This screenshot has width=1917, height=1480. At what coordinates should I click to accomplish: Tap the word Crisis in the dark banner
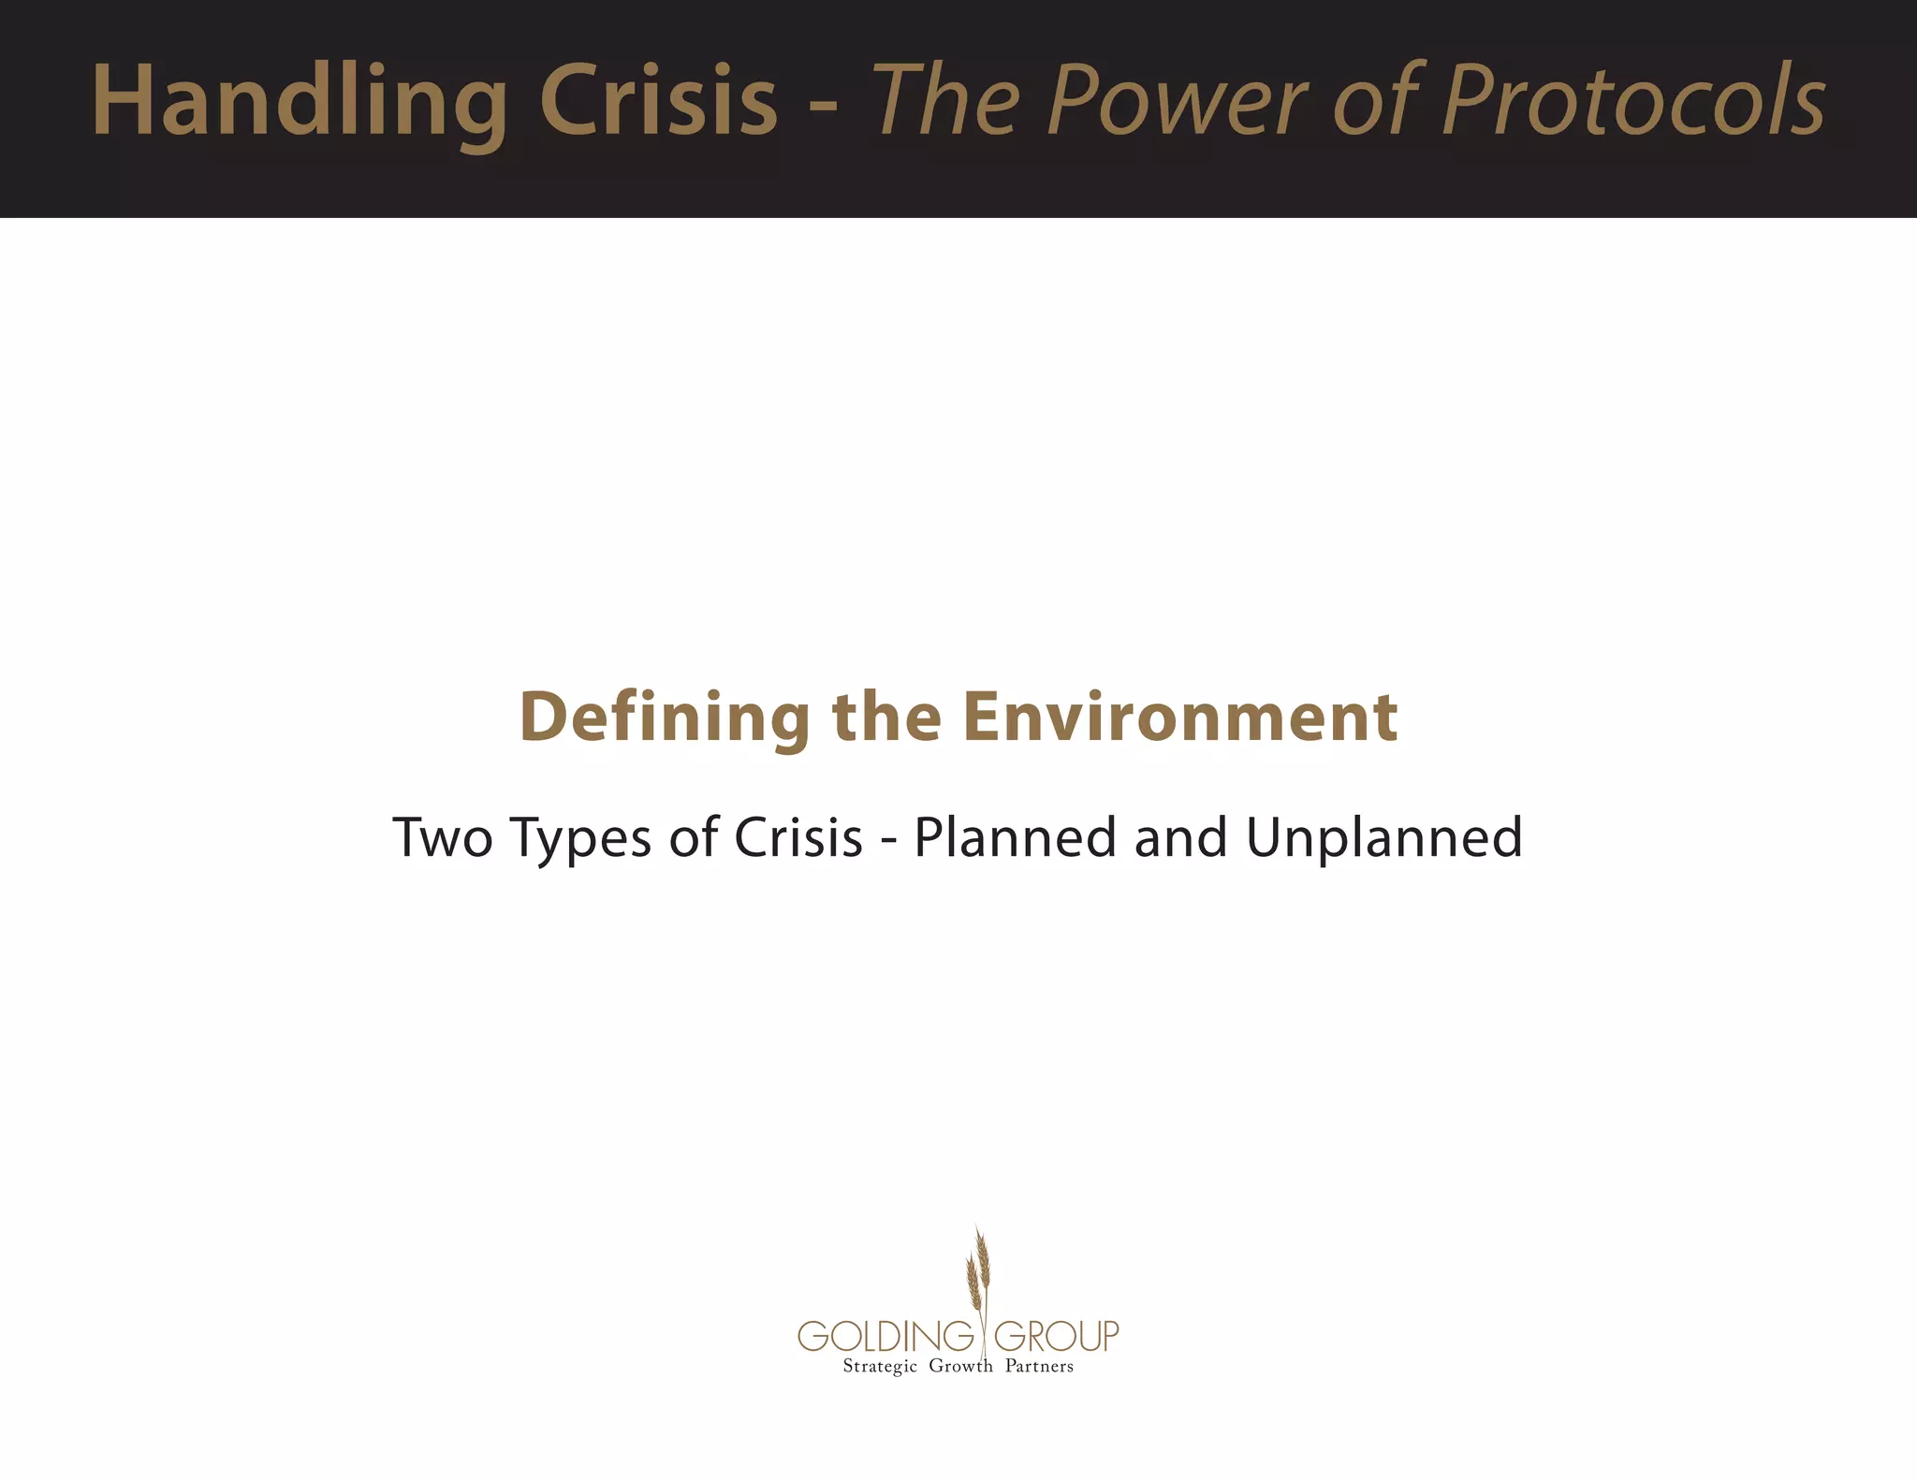(x=658, y=101)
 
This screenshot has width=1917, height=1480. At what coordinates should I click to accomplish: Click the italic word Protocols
(x=1633, y=101)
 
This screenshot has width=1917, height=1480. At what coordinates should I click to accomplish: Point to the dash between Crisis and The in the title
(x=823, y=105)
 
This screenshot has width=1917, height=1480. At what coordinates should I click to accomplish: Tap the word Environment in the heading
(x=1180, y=718)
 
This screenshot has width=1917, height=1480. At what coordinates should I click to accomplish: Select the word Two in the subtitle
(x=442, y=837)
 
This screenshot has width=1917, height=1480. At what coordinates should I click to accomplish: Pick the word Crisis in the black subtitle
(x=798, y=837)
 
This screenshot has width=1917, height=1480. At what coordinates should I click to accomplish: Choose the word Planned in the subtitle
(x=1015, y=837)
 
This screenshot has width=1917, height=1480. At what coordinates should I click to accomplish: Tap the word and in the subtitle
(x=1179, y=837)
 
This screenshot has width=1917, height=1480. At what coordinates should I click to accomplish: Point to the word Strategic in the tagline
(x=880, y=1367)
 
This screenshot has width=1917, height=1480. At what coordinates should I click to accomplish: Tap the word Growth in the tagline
(x=960, y=1366)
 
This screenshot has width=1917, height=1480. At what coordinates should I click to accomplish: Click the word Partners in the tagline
(x=1039, y=1366)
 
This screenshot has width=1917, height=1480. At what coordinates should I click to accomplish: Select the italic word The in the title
(x=945, y=101)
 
